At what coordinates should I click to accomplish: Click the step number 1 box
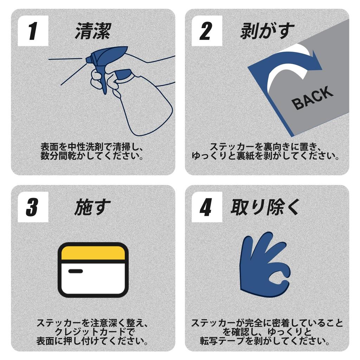33,31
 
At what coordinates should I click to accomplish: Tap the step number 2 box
207,31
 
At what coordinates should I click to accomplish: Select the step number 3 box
33,207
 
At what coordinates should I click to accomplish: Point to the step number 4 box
207,207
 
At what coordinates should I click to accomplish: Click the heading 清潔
93,31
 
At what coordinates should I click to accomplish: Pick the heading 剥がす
267,31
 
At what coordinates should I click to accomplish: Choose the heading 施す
92,207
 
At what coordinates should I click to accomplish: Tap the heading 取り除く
265,207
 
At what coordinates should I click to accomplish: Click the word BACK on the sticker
312,98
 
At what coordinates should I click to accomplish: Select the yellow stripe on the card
93,253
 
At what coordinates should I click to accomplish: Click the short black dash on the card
76,271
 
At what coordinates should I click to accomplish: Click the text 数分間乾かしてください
92,156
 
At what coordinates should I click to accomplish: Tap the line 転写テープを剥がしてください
265,341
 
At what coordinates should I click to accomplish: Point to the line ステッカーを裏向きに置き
266,147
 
